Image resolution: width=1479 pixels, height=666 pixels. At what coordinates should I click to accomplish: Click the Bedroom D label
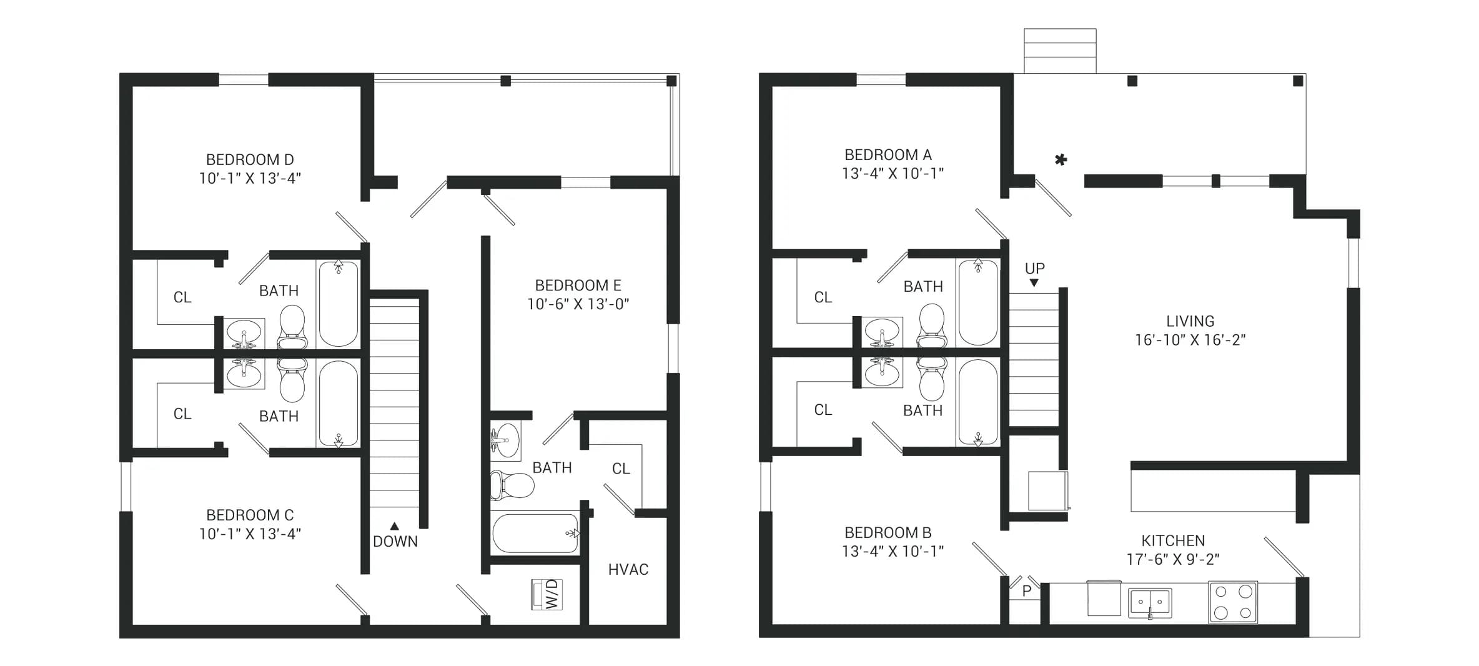250,160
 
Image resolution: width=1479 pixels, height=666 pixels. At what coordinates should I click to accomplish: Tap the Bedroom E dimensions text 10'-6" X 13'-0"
578,304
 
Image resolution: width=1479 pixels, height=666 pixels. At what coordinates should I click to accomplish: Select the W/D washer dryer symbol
547,594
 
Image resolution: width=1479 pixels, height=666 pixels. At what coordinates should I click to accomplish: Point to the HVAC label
628,569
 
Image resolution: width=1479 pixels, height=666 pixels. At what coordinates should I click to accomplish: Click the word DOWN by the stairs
395,542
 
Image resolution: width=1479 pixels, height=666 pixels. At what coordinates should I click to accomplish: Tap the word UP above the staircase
1035,269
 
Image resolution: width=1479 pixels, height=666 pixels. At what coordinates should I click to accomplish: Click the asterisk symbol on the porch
1061,160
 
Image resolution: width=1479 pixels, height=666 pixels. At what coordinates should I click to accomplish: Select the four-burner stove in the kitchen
1233,602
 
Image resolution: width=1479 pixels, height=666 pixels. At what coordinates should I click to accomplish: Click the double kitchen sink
1150,603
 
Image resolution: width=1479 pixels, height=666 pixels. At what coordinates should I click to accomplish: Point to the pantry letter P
1027,591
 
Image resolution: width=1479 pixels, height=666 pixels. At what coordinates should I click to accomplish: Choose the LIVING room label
1190,321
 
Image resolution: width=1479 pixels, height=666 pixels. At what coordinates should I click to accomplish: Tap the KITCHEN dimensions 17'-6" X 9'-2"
1173,559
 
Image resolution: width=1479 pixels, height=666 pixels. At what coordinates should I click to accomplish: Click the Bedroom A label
888,155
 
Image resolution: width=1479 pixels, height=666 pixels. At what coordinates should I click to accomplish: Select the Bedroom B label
888,533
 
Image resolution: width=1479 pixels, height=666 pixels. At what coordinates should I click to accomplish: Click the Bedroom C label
250,515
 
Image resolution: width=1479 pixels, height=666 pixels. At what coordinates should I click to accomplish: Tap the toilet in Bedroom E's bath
512,485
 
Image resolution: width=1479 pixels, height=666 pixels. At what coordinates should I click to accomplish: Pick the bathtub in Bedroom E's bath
536,534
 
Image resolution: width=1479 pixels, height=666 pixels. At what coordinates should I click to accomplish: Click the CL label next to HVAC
621,469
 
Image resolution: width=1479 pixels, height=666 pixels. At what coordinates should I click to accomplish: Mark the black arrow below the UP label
1034,283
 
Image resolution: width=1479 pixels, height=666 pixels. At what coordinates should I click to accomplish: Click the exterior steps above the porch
1060,51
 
